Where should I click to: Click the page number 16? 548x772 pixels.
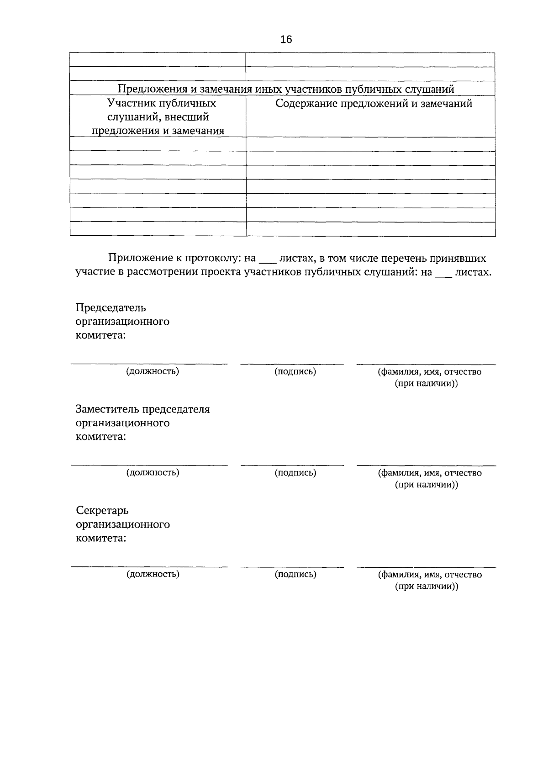pyautogui.click(x=286, y=39)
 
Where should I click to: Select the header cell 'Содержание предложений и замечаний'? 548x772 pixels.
pyautogui.click(x=374, y=104)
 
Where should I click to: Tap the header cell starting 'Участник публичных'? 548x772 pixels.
pyautogui.click(x=158, y=117)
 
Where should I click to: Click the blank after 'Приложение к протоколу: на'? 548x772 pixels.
pyautogui.click(x=268, y=260)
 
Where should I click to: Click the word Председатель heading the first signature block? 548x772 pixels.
pyautogui.click(x=111, y=307)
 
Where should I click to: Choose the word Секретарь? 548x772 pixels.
pyautogui.click(x=102, y=510)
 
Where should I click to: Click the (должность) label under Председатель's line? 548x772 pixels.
pyautogui.click(x=153, y=371)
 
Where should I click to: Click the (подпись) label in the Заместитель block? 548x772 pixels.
pyautogui.click(x=295, y=473)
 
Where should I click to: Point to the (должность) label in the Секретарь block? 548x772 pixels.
pyautogui.click(x=153, y=574)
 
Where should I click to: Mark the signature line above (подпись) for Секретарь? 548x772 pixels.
pyautogui.click(x=292, y=567)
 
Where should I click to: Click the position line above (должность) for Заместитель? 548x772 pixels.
pyautogui.click(x=149, y=465)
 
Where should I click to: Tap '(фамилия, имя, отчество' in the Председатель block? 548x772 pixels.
pyautogui.click(x=429, y=372)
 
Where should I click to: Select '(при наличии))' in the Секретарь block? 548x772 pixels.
pyautogui.click(x=427, y=587)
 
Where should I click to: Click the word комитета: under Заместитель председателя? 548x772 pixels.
pyautogui.click(x=101, y=437)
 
